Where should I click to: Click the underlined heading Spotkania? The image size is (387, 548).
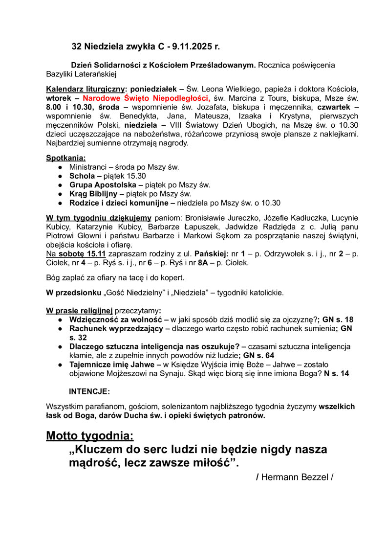[65, 158]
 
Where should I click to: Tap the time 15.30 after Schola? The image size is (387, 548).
[134, 176]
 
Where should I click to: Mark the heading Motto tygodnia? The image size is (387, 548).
[90, 435]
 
